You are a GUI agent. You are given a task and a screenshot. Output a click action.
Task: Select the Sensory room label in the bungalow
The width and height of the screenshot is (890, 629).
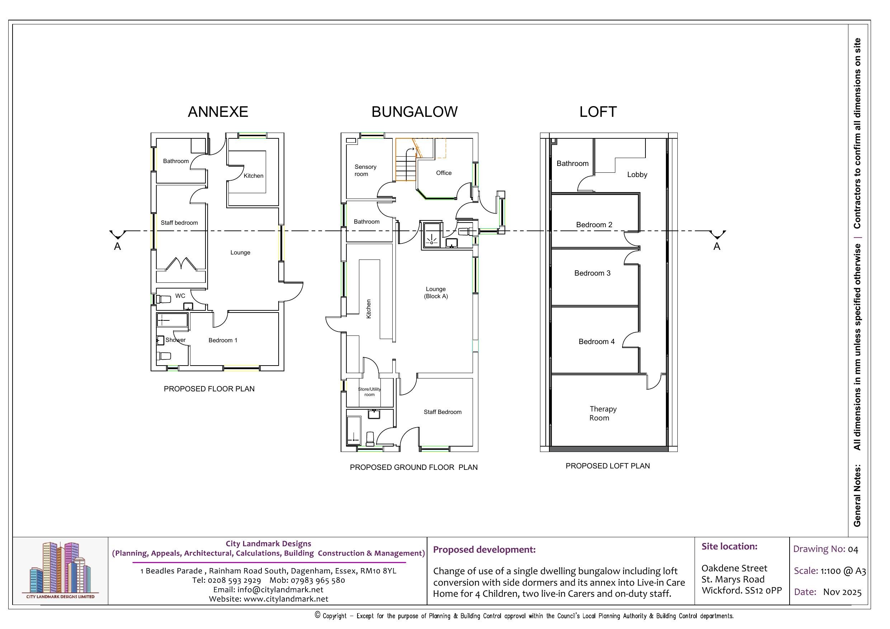[x=365, y=171]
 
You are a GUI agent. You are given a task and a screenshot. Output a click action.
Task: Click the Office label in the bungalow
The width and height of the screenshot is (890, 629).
[x=444, y=173]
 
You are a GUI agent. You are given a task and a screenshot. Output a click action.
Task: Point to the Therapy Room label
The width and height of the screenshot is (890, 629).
[x=603, y=413]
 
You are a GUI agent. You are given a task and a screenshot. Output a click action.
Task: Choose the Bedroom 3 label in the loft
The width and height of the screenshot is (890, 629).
[x=592, y=273]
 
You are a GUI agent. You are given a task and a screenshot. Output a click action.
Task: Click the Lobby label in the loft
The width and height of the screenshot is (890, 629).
[x=637, y=175]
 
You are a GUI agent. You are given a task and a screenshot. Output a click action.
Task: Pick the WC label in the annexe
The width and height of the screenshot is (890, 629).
[x=180, y=296]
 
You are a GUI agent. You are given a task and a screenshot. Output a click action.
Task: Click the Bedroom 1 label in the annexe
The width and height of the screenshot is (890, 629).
[x=223, y=340]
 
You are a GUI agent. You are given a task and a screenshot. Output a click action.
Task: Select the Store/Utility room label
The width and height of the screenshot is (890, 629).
[x=369, y=392]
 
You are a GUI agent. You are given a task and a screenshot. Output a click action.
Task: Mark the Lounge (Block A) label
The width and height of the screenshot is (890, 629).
[x=436, y=292]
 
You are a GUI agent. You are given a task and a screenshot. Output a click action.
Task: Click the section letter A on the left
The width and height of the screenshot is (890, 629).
[x=118, y=247]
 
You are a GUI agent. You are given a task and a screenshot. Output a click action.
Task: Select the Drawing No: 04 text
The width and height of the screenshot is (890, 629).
[x=826, y=549]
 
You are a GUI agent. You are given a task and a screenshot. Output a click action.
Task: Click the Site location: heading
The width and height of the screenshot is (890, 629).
[x=729, y=547]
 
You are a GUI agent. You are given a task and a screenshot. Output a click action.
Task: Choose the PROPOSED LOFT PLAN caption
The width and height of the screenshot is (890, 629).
[x=607, y=466]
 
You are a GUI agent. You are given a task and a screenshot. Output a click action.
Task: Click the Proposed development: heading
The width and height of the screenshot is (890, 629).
[x=484, y=549]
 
